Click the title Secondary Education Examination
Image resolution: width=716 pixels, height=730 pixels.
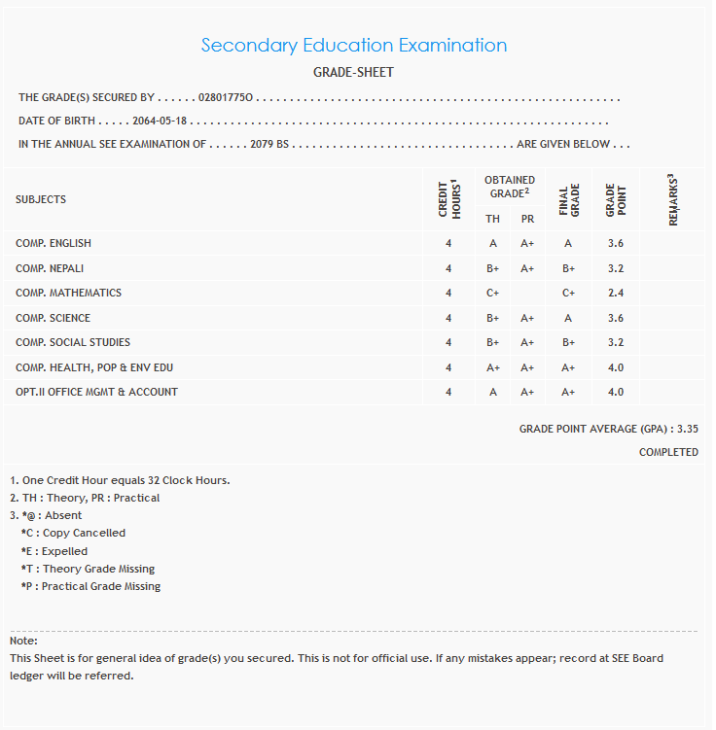tap(353, 46)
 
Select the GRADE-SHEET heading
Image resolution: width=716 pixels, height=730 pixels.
tap(353, 73)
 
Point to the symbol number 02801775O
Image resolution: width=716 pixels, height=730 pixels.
tap(226, 98)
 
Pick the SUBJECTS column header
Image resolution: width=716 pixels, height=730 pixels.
tap(41, 199)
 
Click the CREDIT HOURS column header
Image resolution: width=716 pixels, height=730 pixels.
tap(448, 198)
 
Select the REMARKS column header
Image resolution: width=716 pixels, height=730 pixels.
tap(672, 199)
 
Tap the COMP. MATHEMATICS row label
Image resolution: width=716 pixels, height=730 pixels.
tap(68, 293)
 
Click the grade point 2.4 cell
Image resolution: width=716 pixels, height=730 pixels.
tap(615, 293)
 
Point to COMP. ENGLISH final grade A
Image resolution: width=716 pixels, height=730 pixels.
tap(568, 243)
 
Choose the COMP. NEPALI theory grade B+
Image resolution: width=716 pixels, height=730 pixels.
tap(493, 268)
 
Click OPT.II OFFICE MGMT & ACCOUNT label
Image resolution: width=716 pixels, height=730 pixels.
tap(96, 392)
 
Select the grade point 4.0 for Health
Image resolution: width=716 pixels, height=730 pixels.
tap(615, 367)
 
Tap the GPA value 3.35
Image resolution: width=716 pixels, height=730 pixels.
tap(687, 428)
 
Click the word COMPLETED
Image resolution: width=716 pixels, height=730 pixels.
tap(668, 452)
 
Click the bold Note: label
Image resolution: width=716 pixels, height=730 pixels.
tap(23, 641)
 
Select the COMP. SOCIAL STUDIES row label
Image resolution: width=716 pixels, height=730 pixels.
tap(73, 342)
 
